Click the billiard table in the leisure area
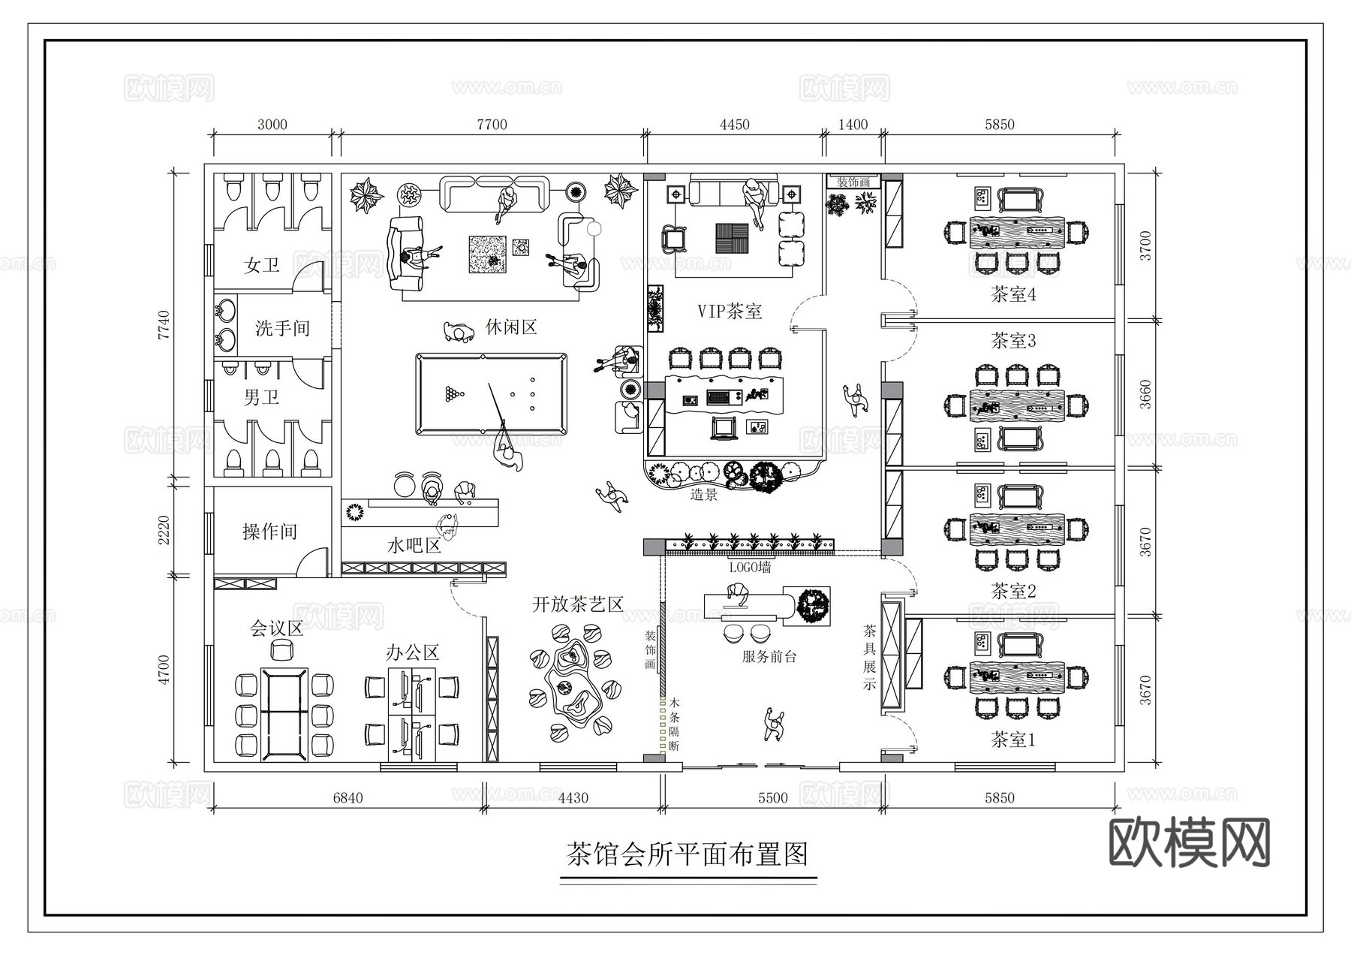[x=492, y=394]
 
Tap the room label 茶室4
[x=1013, y=294]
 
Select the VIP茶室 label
[x=730, y=311]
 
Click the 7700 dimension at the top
[x=492, y=125]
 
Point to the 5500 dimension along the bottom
[x=772, y=797]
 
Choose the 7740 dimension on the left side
[x=164, y=324]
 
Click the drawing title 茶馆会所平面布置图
[x=688, y=854]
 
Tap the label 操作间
[x=269, y=532]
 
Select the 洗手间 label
[x=282, y=328]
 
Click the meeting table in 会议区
[x=284, y=714]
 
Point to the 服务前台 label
[x=769, y=657]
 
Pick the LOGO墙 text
[x=750, y=568]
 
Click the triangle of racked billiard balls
[x=453, y=393]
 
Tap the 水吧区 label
[x=414, y=545]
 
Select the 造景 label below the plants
[x=703, y=494]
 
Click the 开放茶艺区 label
[x=577, y=604]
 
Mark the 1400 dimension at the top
[x=853, y=125]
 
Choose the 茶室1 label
[x=1013, y=740]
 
